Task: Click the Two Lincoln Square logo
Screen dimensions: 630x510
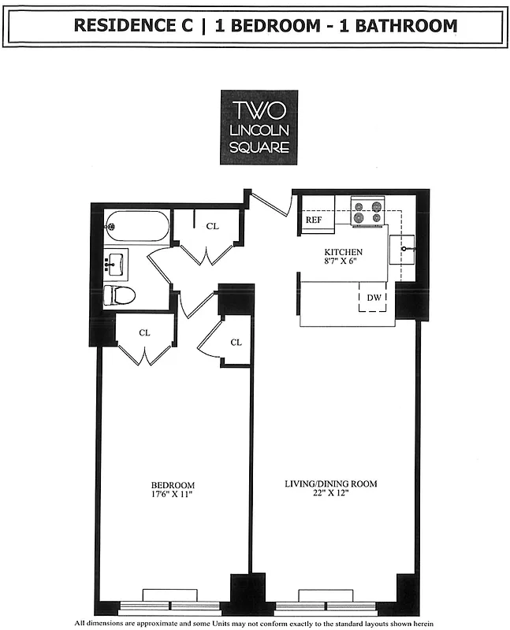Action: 259,127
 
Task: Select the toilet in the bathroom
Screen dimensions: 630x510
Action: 120,295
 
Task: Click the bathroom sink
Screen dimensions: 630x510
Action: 117,264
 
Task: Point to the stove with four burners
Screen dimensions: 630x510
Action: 367,212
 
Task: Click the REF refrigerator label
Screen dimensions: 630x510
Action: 314,221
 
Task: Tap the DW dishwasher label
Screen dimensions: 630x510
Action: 374,299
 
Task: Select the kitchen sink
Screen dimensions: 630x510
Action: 406,250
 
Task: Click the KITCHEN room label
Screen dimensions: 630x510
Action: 344,253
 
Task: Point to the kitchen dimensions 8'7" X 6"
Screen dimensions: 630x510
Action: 344,262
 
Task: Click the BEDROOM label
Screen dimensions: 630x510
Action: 173,484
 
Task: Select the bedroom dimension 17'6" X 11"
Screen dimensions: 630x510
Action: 173,495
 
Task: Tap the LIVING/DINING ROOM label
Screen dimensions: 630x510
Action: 328,484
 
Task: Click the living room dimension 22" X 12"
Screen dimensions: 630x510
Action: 328,495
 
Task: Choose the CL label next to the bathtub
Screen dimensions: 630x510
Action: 211,227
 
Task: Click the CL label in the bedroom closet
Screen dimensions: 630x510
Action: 144,332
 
